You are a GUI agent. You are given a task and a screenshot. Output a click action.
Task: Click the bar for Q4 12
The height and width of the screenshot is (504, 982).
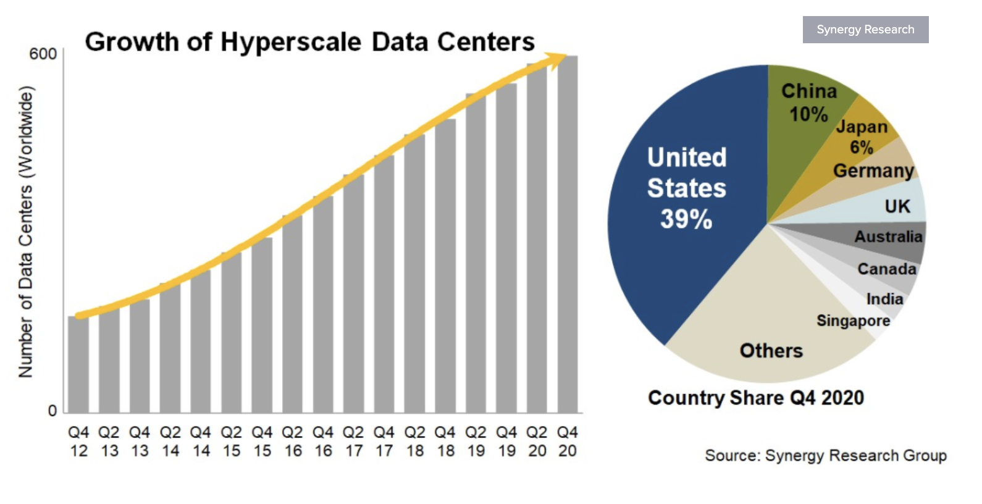[x=78, y=364]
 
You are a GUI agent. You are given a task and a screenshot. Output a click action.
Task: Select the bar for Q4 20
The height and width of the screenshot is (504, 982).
[x=568, y=235]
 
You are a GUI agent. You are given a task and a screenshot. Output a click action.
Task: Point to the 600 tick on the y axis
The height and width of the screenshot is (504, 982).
[x=43, y=54]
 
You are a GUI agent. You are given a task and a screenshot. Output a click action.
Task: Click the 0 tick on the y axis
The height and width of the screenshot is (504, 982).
[x=52, y=411]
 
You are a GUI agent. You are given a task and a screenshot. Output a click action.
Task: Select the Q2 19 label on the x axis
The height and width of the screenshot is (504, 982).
[x=476, y=442]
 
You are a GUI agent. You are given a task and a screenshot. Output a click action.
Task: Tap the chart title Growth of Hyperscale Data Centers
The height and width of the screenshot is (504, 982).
[x=309, y=42]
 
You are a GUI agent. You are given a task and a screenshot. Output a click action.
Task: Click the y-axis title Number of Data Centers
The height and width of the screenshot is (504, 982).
[x=25, y=232]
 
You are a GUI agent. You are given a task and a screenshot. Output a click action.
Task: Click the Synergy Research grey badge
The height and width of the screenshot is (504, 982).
[x=865, y=30]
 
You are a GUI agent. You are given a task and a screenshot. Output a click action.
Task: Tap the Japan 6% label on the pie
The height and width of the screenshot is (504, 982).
[x=862, y=136]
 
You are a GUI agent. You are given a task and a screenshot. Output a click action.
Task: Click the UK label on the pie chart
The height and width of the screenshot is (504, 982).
[x=897, y=206]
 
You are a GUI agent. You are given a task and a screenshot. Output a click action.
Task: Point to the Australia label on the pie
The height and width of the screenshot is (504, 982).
[x=888, y=237]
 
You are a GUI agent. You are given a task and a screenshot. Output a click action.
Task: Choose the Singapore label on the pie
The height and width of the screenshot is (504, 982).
[x=853, y=321]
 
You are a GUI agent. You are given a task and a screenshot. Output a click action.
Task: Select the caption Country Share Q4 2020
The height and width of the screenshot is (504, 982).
[x=756, y=398]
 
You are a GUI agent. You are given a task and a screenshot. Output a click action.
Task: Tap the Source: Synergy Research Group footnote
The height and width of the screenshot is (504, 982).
[x=825, y=456]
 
